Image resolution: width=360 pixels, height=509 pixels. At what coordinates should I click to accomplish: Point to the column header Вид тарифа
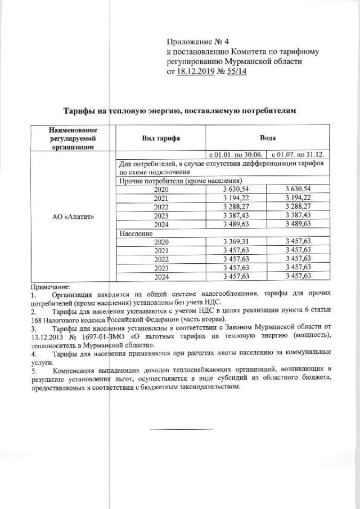(160, 138)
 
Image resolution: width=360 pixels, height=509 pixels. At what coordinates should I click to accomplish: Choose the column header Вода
(267, 138)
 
